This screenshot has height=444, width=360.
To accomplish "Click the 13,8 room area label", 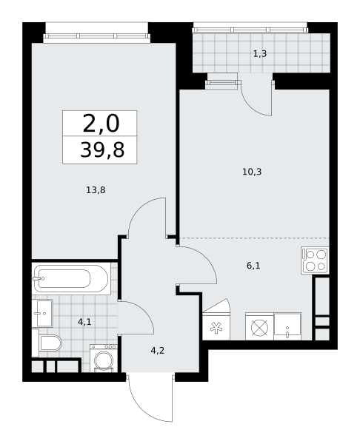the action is [x=96, y=190].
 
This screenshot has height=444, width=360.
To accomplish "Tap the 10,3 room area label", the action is [x=252, y=172].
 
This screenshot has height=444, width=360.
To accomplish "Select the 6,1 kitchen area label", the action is [x=253, y=266].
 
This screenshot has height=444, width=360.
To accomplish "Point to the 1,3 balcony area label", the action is [x=260, y=53].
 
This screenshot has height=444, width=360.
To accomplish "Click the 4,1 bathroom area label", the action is [x=84, y=322].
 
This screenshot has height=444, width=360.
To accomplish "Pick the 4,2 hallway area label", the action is [x=158, y=351].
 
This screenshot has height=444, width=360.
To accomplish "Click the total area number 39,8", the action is [x=102, y=149].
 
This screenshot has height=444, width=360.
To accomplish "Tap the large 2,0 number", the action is [x=101, y=124].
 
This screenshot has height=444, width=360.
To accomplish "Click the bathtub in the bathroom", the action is [x=71, y=279].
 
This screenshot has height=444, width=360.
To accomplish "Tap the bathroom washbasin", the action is [x=42, y=313].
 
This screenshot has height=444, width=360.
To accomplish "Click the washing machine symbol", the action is [x=104, y=358].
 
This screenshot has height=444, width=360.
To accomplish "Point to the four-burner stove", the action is [x=316, y=260].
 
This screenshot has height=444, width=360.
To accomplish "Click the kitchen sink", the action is [x=287, y=326].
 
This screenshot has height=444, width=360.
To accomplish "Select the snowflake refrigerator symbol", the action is [x=216, y=326].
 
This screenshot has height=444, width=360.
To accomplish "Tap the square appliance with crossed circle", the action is [x=259, y=326].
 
